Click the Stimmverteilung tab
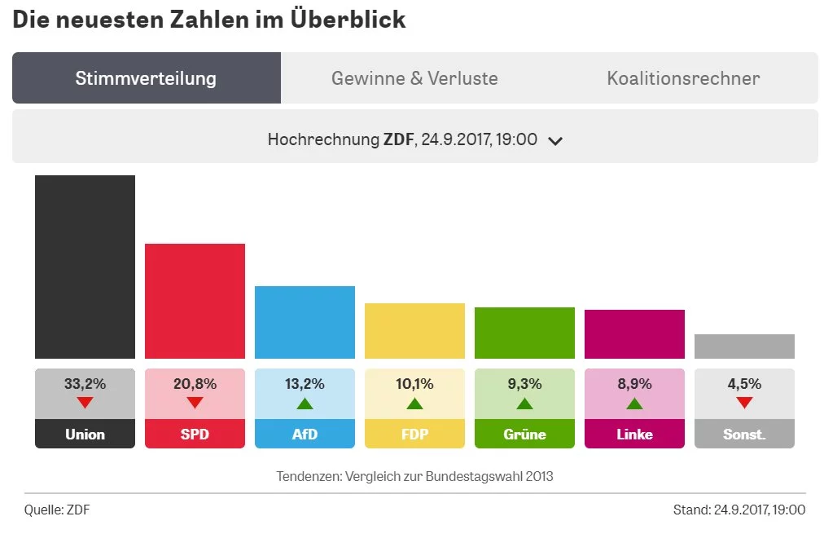(146, 78)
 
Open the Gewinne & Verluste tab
(414, 78)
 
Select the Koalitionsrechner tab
(683, 78)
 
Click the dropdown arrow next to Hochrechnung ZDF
(555, 140)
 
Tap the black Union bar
(85, 267)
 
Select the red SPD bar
(195, 301)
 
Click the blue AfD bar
(305, 322)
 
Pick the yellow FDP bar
(414, 331)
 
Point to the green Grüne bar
(524, 333)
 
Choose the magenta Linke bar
(634, 334)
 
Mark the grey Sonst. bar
(744, 346)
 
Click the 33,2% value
(85, 384)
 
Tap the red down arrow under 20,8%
(195, 402)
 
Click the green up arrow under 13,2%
(305, 403)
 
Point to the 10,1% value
(414, 384)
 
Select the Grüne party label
(524, 435)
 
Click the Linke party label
(634, 435)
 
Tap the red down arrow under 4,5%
(744, 402)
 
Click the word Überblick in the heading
(348, 19)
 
